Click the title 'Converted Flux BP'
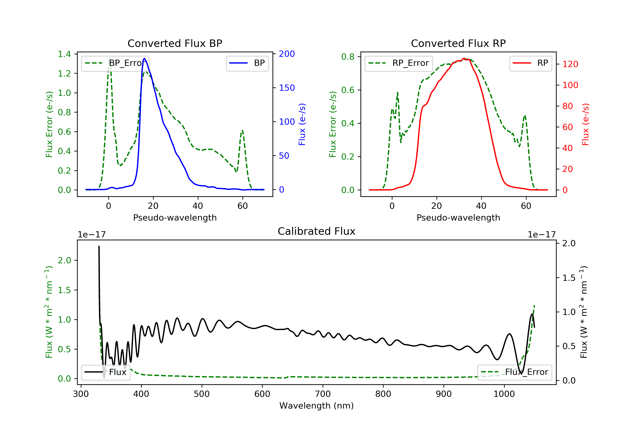tap(175, 43)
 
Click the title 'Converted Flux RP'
tap(458, 43)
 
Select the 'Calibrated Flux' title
tap(317, 231)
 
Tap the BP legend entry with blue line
tap(247, 63)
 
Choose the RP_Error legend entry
tap(398, 63)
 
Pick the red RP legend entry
tap(530, 63)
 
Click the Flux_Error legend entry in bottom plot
tap(514, 372)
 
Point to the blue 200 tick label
tap(287, 54)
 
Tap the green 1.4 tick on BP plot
tap(64, 54)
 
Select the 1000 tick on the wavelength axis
tap(504, 394)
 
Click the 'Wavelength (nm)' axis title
tap(317, 406)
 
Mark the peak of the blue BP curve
tap(145, 58)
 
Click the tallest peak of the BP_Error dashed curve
tap(109, 58)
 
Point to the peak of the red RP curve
tap(464, 58)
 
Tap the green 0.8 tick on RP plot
tap(348, 57)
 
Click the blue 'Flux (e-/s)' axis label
tap(302, 124)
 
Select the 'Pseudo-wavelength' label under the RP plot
tap(458, 217)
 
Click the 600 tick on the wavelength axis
tap(262, 394)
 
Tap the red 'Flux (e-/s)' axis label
tap(586, 124)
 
